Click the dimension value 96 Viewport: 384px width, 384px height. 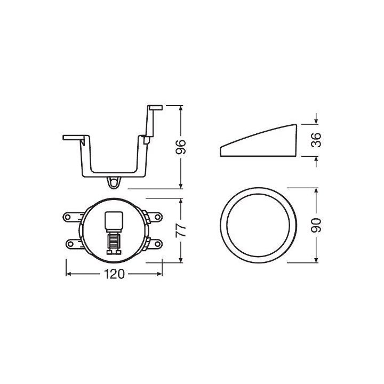(181, 147)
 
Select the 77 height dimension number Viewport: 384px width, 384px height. (181, 230)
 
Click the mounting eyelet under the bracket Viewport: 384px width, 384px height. (113, 182)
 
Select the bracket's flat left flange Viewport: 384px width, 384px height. (74, 138)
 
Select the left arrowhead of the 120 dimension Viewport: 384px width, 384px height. (68, 274)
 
